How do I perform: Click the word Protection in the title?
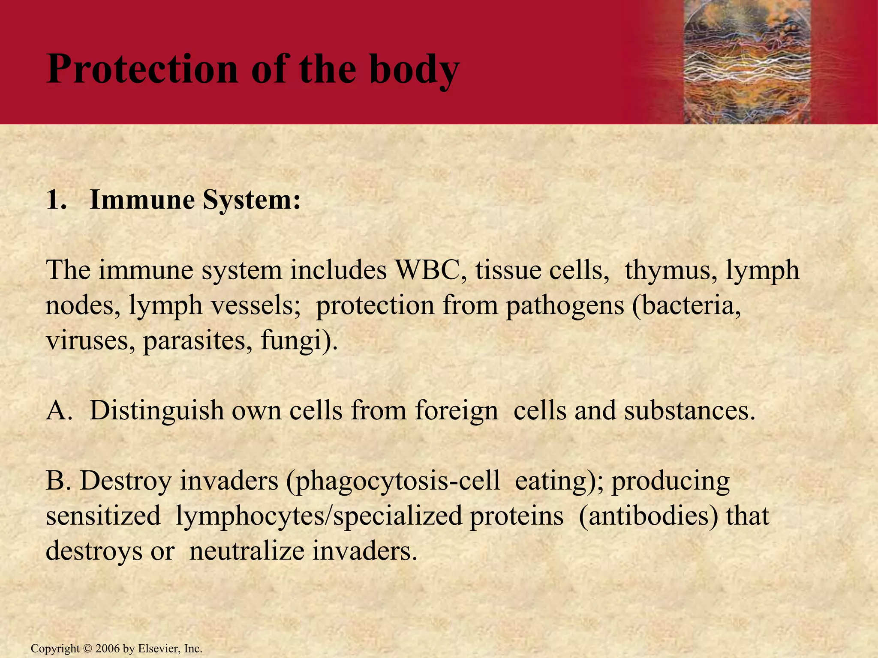[141, 69]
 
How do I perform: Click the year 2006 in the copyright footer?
[108, 649]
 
